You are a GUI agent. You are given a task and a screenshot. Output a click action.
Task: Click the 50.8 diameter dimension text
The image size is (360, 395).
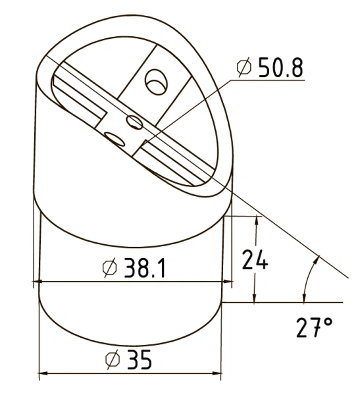point(280,67)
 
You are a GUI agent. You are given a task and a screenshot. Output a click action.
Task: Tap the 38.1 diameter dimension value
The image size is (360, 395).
point(145,268)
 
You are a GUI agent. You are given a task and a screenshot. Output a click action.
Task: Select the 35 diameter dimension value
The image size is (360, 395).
point(140,359)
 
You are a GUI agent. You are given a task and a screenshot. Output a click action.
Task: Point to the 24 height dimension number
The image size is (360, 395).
point(255,259)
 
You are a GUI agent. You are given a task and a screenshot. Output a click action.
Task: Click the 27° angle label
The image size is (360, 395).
point(314,327)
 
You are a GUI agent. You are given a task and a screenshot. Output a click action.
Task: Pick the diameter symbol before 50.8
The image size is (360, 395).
point(244,66)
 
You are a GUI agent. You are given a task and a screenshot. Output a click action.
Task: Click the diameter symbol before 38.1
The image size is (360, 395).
point(110,268)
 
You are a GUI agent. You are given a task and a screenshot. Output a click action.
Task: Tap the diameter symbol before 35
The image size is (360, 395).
point(113,359)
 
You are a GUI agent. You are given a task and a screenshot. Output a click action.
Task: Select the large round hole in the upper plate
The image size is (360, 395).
point(156,82)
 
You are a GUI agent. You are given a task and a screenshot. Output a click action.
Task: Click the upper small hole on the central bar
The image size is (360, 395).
point(134,122)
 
